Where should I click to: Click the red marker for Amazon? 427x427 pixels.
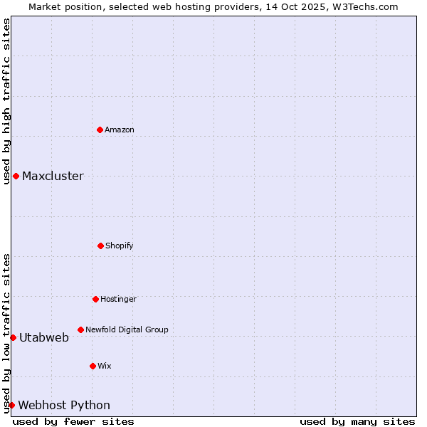click(100, 130)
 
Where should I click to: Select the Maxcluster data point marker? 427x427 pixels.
click(16, 176)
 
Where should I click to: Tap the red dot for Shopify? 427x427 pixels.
click(100, 246)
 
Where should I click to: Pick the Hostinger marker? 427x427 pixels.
click(95, 299)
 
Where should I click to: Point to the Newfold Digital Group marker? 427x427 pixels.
click(80, 330)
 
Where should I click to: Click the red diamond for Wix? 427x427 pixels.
click(93, 366)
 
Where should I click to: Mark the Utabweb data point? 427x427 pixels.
click(13, 337)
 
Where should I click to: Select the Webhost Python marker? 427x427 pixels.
click(11, 405)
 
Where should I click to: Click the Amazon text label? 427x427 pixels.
click(120, 130)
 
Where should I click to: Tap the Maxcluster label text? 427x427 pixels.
click(53, 176)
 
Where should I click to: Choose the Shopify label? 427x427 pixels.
click(120, 246)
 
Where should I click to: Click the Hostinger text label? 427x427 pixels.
click(118, 299)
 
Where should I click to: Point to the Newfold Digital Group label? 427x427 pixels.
click(127, 330)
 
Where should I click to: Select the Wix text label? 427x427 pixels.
click(105, 366)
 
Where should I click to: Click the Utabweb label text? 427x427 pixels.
click(44, 338)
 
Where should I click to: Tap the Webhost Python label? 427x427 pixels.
click(64, 406)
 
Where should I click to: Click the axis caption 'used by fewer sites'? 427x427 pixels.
click(73, 421)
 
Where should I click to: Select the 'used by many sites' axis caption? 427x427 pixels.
click(357, 421)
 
